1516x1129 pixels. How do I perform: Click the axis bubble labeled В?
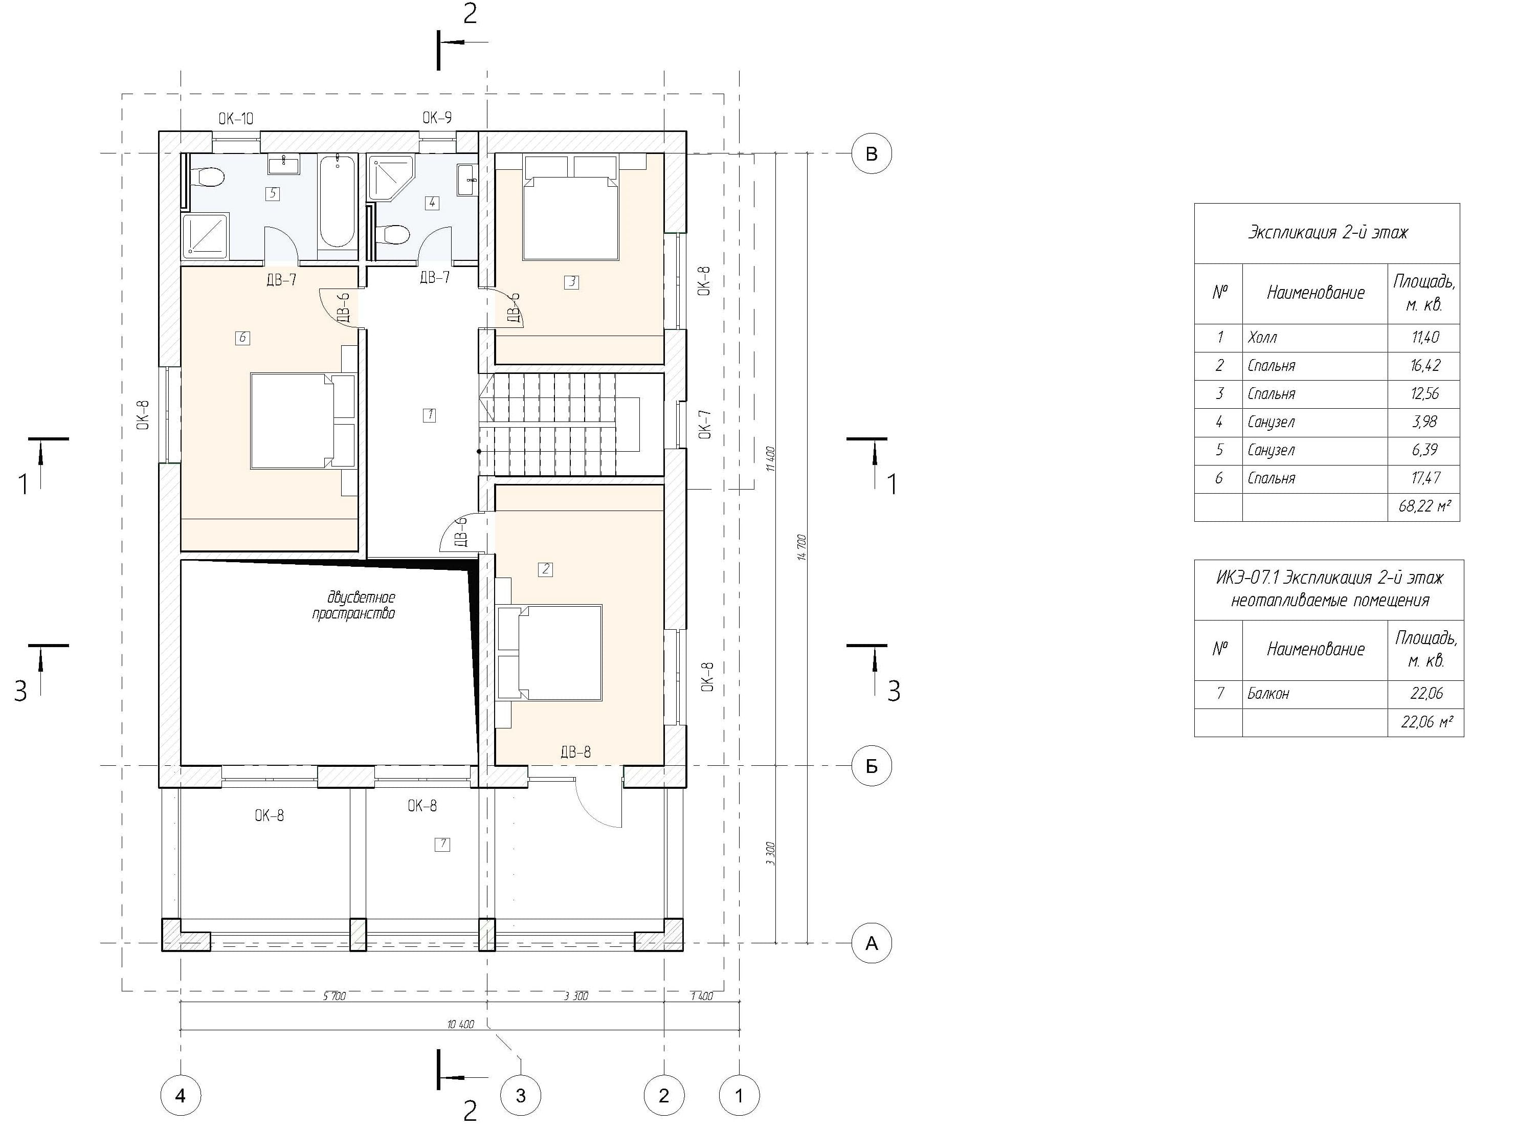[x=871, y=154]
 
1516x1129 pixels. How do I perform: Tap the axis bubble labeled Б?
[x=871, y=766]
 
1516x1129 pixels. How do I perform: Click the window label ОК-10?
[x=236, y=119]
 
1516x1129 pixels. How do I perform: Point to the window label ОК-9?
[x=437, y=118]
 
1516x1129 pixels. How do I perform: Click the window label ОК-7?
[x=706, y=424]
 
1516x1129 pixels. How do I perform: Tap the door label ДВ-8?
[x=575, y=752]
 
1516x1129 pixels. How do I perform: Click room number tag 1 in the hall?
[x=429, y=415]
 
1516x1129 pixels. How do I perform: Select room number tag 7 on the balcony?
[x=442, y=844]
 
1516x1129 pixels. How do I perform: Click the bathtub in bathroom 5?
[x=337, y=201]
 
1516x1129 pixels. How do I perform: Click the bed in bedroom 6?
[x=303, y=420]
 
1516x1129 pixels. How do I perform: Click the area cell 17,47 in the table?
[x=1425, y=478]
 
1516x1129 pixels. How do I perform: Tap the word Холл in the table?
[x=1262, y=338]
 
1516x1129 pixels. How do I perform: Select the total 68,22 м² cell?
[x=1424, y=507]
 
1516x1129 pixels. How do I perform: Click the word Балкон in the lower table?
[x=1268, y=694]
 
